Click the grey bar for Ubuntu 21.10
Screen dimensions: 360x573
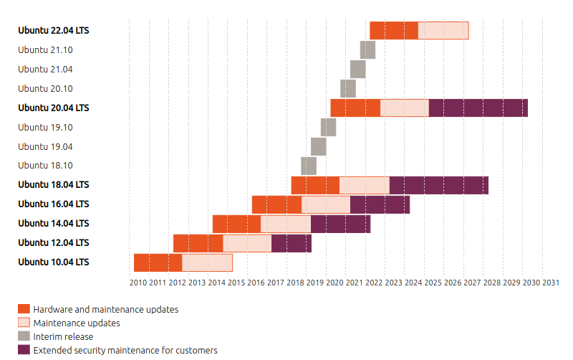tap(367, 50)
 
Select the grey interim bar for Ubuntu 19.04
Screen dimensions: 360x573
tap(319, 146)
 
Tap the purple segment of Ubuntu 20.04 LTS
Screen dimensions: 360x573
tap(478, 108)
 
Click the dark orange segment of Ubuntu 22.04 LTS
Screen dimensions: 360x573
tap(394, 31)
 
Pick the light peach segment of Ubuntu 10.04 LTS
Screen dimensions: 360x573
tap(207, 262)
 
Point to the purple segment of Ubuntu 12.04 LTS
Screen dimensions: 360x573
tap(292, 243)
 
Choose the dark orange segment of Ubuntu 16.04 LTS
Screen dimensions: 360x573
tap(276, 204)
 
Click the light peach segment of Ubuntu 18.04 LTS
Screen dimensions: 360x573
tap(365, 185)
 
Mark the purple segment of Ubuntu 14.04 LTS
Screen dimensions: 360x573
tap(340, 224)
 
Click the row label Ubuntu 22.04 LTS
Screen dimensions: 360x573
tap(54, 31)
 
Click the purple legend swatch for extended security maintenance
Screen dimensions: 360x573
tap(24, 350)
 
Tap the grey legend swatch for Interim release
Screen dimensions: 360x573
tap(24, 336)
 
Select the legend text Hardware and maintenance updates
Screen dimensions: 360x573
tap(105, 310)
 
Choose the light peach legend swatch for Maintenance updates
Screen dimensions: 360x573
tap(24, 323)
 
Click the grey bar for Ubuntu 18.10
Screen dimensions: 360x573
tap(309, 166)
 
